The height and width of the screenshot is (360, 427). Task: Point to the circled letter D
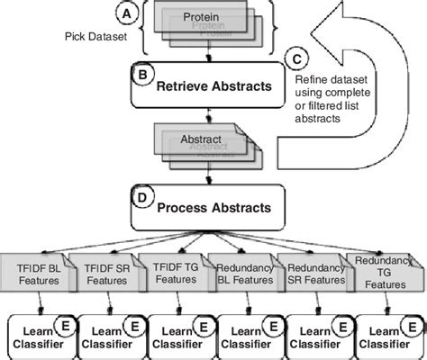coord(141,194)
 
